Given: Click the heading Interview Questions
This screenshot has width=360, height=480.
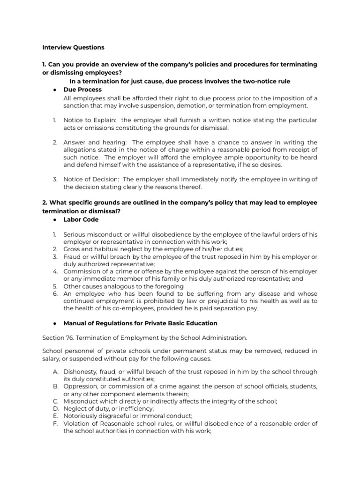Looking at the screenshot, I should (73, 47).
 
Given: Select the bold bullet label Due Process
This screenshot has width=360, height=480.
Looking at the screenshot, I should (82, 90).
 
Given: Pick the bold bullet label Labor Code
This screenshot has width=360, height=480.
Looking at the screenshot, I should (81, 219).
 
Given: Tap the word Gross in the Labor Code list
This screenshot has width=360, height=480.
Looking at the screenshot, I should (72, 249).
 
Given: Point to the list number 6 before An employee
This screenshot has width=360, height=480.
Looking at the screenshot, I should (54, 293).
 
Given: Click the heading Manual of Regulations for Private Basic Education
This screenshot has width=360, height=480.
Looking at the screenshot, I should (140, 323).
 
